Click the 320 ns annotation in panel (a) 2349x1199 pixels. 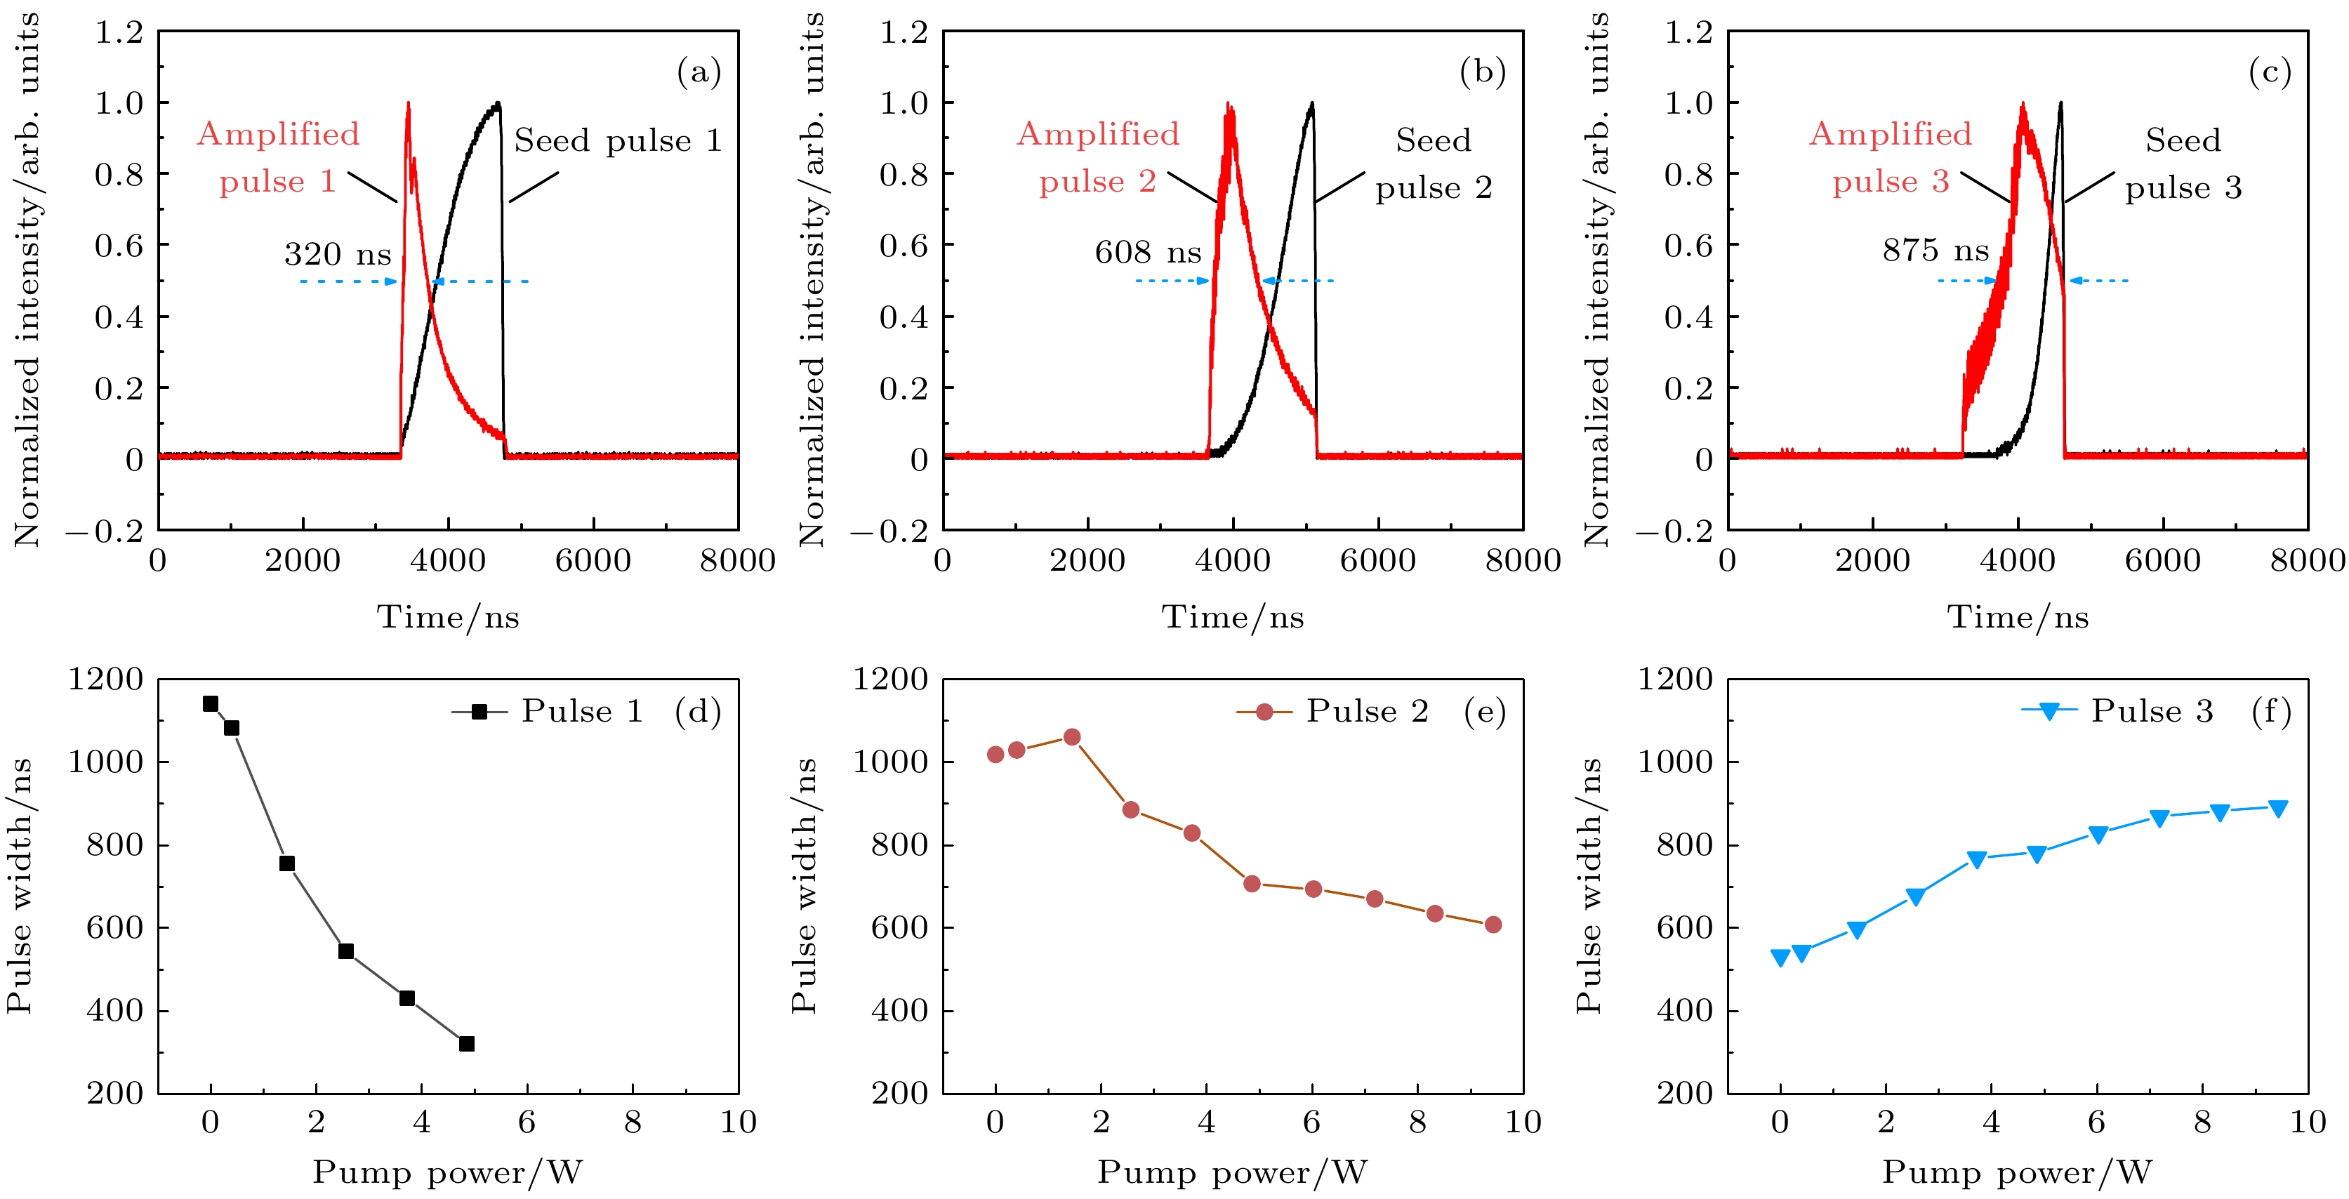[338, 253]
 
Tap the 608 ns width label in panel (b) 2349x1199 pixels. [1147, 251]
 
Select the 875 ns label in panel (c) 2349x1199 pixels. [1935, 250]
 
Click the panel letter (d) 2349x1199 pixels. [698, 711]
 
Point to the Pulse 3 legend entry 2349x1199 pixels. [2117, 711]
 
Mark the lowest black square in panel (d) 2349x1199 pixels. [467, 1044]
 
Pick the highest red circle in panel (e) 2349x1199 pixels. [1073, 736]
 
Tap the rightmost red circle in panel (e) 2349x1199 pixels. [1493, 925]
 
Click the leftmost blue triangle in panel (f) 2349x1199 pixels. [1780, 958]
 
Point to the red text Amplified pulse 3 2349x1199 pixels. [1891, 158]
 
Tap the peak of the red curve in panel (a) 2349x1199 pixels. [408, 103]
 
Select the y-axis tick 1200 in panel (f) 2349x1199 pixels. [1675, 680]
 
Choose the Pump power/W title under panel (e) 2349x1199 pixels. [1232, 1172]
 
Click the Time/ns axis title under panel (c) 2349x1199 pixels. [2017, 617]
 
